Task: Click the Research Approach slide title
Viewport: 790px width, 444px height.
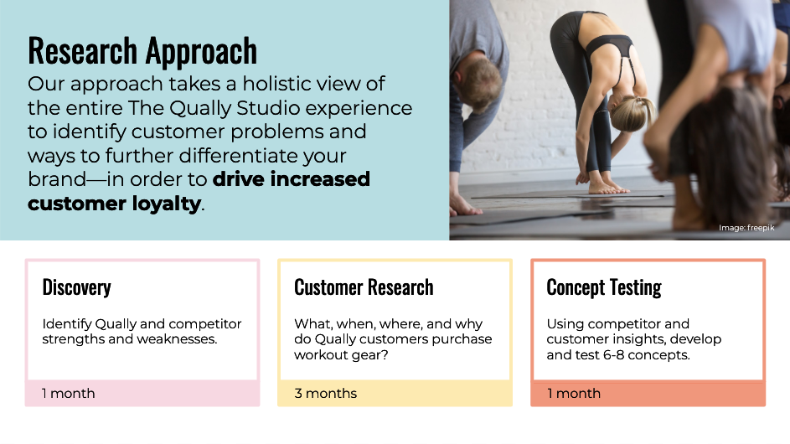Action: click(142, 51)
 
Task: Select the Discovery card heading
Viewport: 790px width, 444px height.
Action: click(76, 287)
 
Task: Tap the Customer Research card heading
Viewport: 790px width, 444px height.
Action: click(364, 287)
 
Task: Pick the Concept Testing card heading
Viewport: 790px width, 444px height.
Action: click(604, 287)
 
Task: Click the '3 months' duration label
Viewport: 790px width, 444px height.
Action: click(326, 393)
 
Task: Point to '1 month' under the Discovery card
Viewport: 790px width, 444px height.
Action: click(68, 393)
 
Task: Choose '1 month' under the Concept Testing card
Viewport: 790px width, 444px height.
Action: click(574, 393)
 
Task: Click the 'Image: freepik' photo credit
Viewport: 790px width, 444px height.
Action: click(746, 228)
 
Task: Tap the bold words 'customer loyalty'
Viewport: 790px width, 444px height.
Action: click(115, 204)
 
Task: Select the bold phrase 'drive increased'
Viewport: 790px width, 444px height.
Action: click(292, 179)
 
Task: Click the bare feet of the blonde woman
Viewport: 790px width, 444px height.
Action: click(606, 185)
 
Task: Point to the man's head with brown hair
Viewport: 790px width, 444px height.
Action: click(478, 80)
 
